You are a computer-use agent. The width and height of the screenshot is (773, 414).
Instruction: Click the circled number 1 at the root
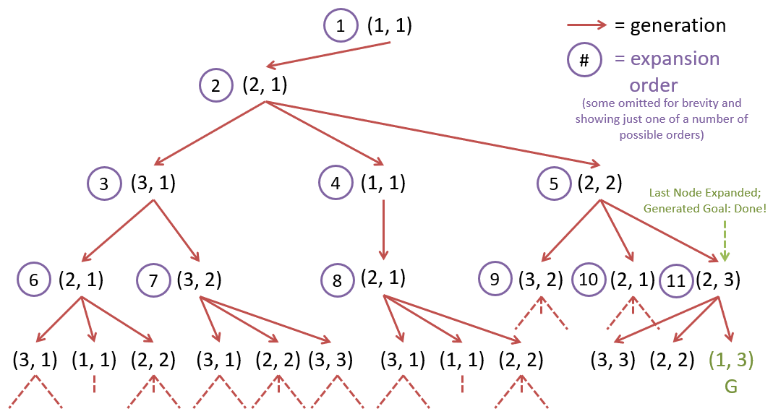point(341,27)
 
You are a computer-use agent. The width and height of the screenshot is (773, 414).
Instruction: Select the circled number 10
point(589,280)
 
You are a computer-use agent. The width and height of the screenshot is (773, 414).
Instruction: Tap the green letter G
point(730,387)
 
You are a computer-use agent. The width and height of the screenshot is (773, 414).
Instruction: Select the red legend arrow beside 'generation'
point(586,25)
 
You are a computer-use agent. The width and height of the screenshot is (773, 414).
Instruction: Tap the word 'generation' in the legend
point(678,25)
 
